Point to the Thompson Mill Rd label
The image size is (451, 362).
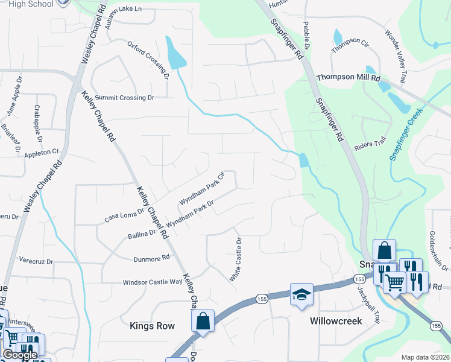click(348, 78)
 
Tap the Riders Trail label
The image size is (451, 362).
click(370, 143)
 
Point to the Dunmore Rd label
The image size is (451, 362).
click(152, 258)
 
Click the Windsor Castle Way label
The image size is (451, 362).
click(152, 282)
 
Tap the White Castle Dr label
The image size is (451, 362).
click(235, 259)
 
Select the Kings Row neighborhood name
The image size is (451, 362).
click(152, 326)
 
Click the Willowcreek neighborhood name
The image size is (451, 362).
click(336, 321)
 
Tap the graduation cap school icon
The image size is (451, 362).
click(301, 294)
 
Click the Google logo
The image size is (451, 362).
click(20, 355)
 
